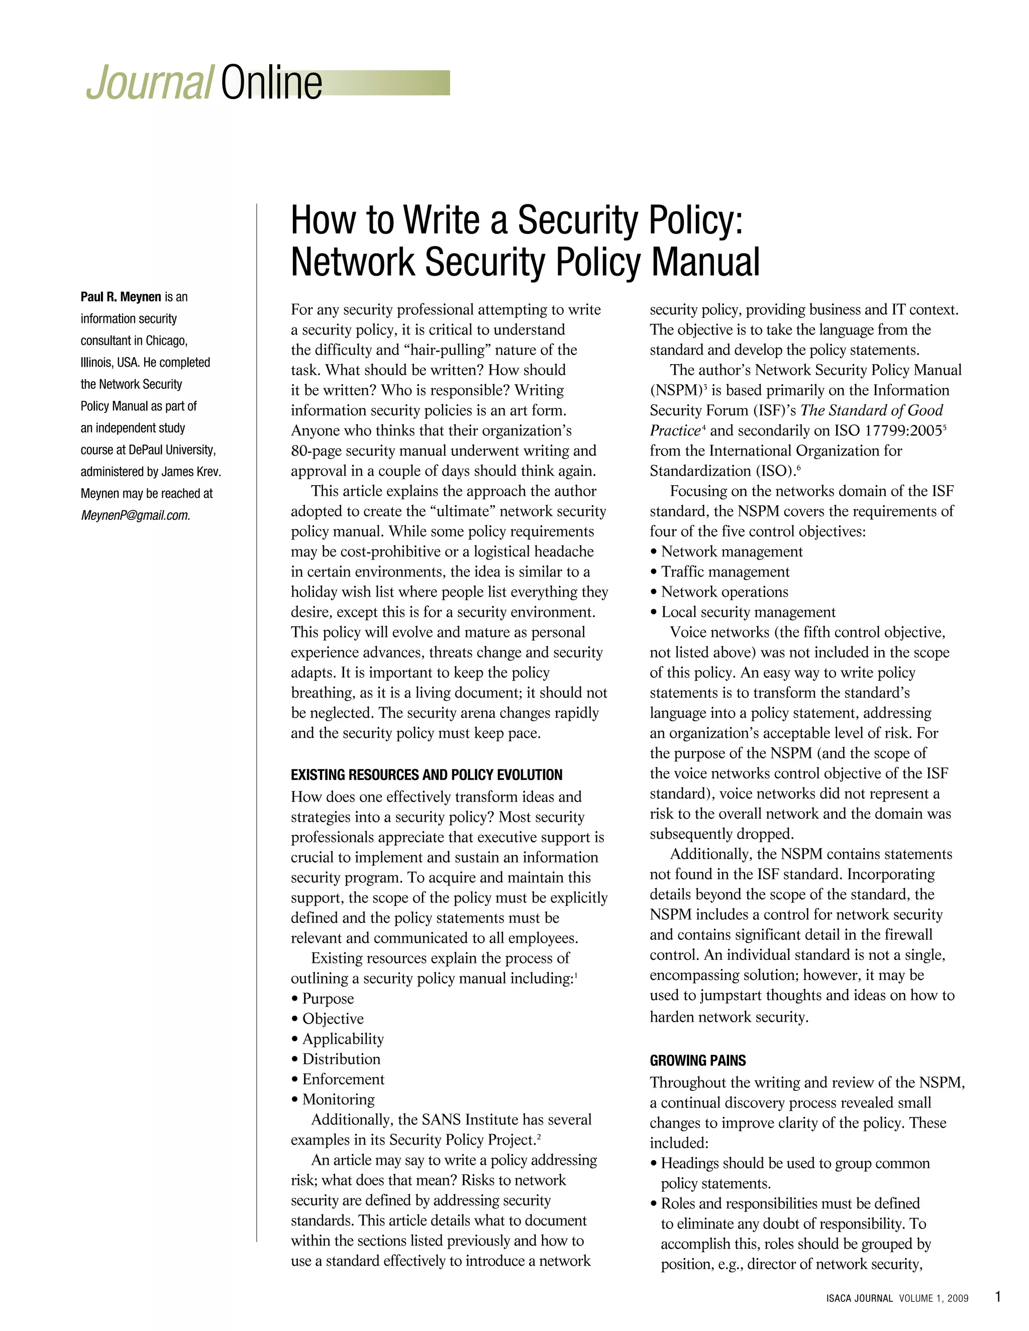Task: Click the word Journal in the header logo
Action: point(149,84)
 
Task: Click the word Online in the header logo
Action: point(271,84)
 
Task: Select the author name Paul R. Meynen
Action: point(121,297)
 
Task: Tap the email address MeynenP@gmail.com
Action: point(135,516)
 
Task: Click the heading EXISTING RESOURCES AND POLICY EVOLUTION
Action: point(426,775)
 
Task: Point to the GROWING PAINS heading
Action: point(697,1061)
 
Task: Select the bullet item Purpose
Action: point(328,999)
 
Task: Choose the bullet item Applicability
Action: point(343,1039)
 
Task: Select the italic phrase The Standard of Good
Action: point(872,410)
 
